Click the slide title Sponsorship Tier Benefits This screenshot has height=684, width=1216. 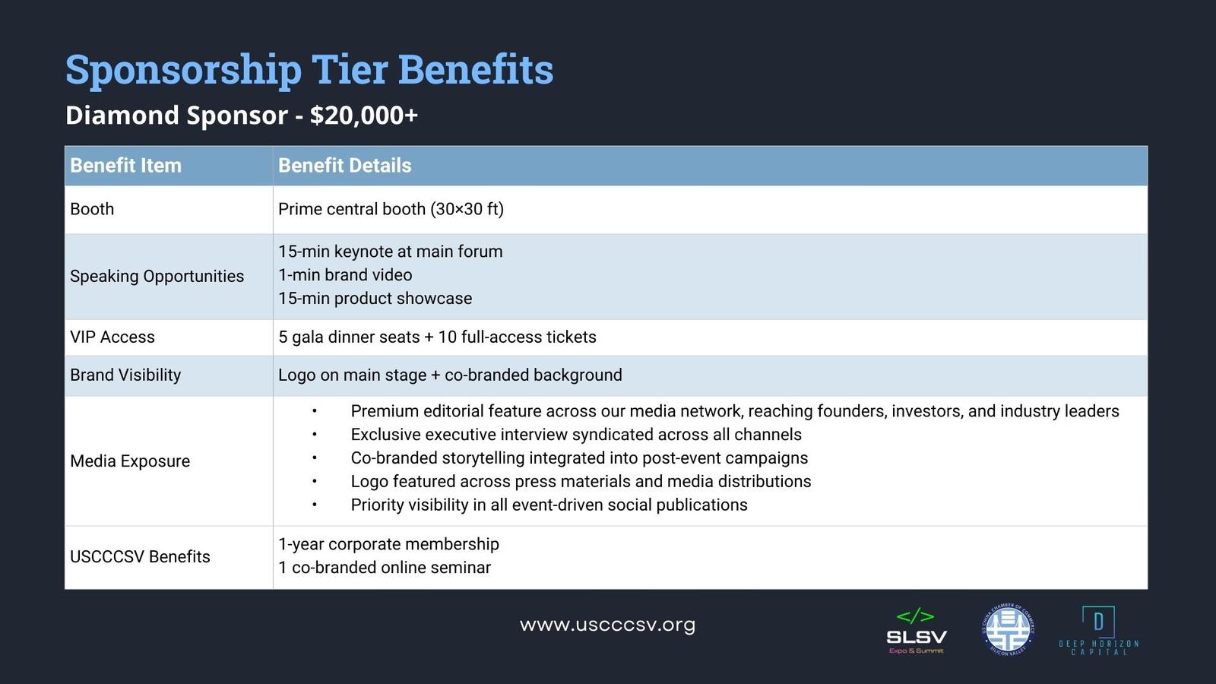[309, 70]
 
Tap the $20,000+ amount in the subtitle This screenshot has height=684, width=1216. [364, 116]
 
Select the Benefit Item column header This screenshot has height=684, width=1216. [125, 166]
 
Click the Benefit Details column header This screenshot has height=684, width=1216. [345, 166]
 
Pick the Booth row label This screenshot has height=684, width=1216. [92, 209]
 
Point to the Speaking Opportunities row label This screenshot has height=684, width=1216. [157, 277]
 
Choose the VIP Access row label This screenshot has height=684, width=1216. [112, 337]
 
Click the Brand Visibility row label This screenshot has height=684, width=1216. [125, 375]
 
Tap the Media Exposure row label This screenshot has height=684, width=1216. [130, 461]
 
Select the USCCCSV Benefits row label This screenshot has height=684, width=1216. [140, 557]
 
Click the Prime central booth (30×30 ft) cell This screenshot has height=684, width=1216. [391, 209]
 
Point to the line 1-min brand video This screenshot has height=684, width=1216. [345, 274]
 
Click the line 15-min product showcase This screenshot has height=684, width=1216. [375, 299]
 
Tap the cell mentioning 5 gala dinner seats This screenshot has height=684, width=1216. [437, 337]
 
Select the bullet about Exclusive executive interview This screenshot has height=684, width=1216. [576, 435]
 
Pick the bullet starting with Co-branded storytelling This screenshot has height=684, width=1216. [579, 458]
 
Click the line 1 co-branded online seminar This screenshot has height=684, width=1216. [385, 568]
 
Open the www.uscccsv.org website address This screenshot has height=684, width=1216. [607, 625]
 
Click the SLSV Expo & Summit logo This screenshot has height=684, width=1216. [917, 632]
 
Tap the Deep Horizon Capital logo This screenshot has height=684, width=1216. [1099, 631]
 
